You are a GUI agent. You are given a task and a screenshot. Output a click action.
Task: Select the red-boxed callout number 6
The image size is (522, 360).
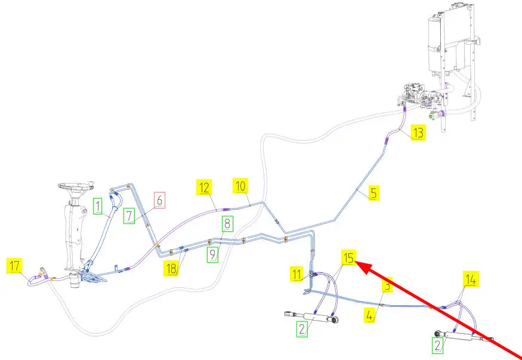click(x=158, y=200)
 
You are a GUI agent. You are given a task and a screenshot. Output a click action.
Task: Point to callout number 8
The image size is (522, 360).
click(x=228, y=224)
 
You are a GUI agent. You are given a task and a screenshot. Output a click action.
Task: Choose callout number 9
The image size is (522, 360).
click(x=213, y=256)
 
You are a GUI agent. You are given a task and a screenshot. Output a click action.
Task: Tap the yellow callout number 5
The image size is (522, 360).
click(x=373, y=193)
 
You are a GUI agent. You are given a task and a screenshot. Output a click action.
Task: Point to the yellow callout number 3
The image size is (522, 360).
click(x=387, y=286)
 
